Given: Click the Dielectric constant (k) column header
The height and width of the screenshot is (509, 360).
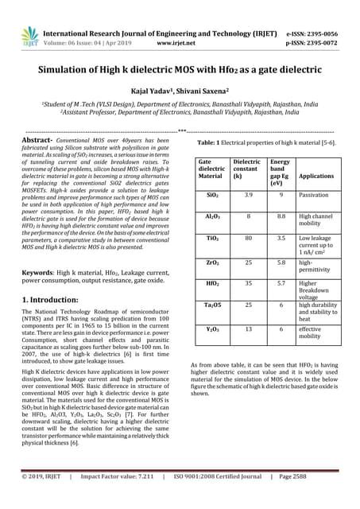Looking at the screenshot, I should point(246,171).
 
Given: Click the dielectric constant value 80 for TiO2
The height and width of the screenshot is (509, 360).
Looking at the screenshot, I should point(248,237).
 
